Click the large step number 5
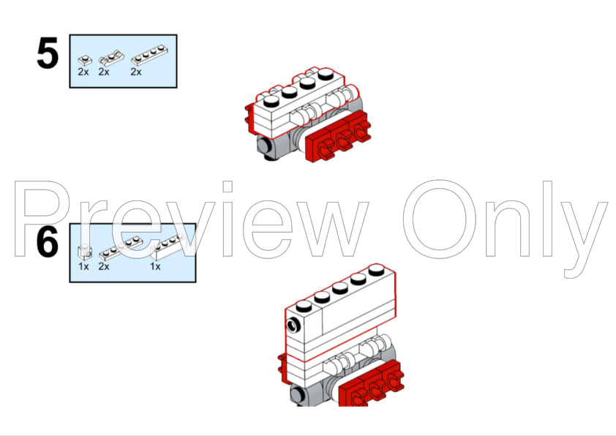(x=48, y=53)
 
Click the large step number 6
(x=48, y=241)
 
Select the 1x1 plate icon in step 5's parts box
(x=85, y=61)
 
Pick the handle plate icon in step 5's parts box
(x=111, y=58)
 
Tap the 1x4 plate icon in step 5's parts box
(x=149, y=56)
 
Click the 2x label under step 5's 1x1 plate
(x=83, y=72)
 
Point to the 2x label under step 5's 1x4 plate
(x=136, y=72)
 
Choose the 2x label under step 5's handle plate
(x=104, y=72)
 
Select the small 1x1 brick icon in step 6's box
(x=85, y=252)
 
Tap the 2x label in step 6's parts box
(x=104, y=267)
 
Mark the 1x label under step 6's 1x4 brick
(x=155, y=267)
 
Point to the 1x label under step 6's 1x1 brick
(x=83, y=267)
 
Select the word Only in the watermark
(x=506, y=228)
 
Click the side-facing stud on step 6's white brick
(x=293, y=326)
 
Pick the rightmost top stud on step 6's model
(x=376, y=269)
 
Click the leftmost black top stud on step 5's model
(x=271, y=102)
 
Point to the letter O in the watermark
(x=439, y=219)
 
